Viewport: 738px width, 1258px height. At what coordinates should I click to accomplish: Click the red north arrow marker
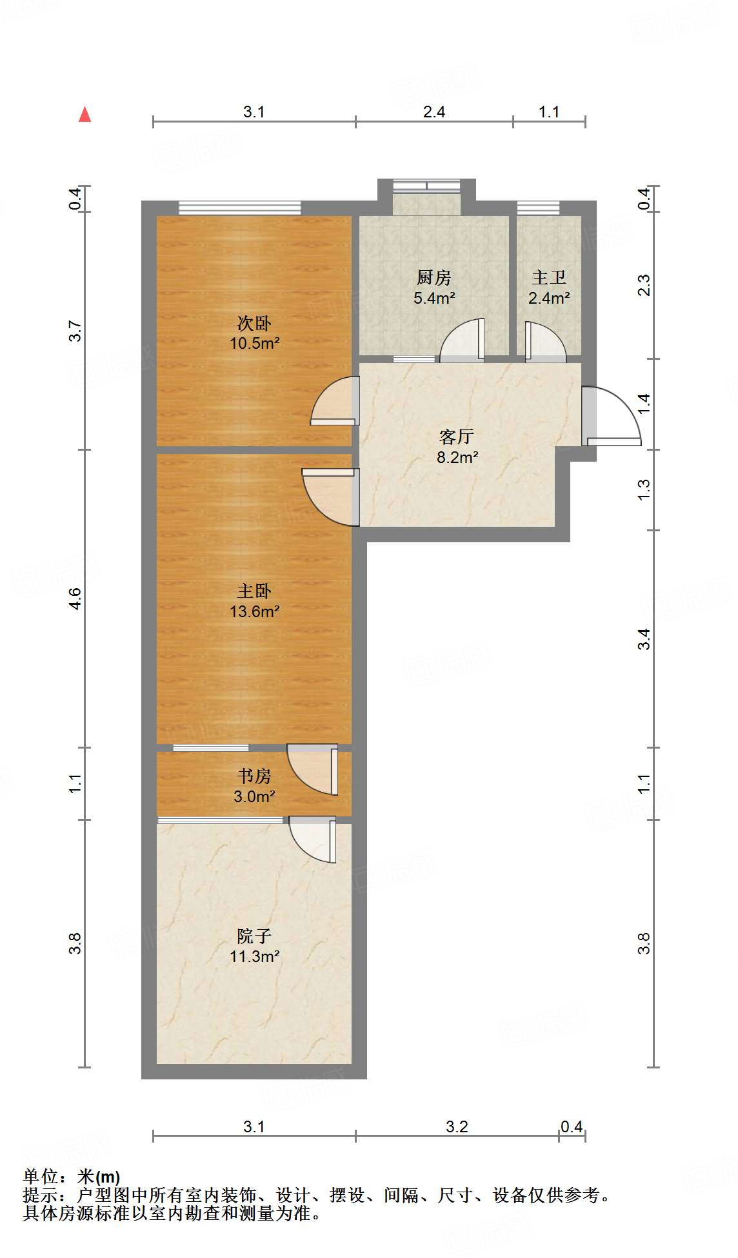click(x=85, y=115)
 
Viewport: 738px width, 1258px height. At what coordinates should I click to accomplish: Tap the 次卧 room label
click(x=254, y=322)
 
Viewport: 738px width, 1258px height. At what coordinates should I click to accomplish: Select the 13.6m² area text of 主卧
click(x=254, y=611)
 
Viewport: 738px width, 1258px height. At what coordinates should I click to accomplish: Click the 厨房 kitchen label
click(x=434, y=278)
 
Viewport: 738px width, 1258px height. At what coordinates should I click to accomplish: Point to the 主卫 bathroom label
click(x=549, y=278)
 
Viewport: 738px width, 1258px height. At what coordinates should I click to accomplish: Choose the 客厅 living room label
click(x=457, y=437)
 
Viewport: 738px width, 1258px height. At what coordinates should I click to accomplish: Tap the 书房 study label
click(x=254, y=776)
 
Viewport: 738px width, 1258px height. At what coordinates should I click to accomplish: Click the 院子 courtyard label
click(x=254, y=936)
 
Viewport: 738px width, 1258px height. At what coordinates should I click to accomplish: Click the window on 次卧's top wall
click(x=240, y=208)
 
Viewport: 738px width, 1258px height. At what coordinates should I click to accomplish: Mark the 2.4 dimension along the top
click(x=434, y=112)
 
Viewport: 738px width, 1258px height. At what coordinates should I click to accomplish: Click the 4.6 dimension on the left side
click(x=75, y=598)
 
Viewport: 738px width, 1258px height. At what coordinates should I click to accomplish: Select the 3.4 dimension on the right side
click(x=644, y=639)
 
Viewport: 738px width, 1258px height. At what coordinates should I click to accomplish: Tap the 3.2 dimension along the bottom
click(x=457, y=1126)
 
